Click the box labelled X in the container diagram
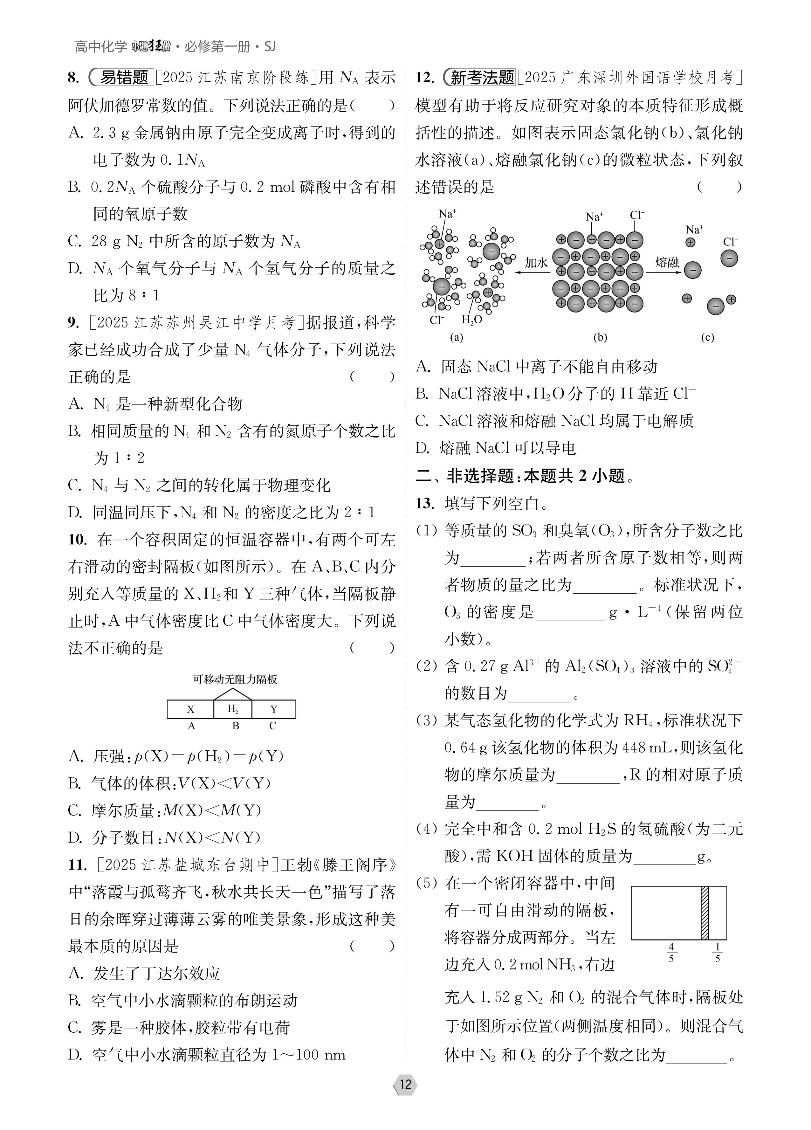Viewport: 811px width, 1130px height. point(190,709)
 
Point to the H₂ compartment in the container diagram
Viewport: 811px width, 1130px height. point(233,709)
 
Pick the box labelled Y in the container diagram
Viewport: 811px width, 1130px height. point(273,709)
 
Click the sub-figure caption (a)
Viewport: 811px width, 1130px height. point(456,337)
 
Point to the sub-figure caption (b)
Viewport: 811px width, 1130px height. point(600,337)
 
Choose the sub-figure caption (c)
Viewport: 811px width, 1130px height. point(707,337)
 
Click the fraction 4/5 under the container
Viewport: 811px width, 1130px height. point(671,953)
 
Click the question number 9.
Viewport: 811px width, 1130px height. point(73,323)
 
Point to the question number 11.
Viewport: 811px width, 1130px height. point(77,865)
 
